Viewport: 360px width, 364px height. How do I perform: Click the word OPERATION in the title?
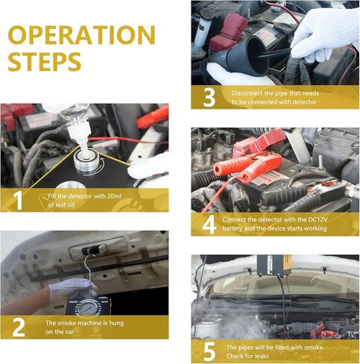(x=82, y=35)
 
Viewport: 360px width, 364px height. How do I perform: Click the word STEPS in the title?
(x=45, y=62)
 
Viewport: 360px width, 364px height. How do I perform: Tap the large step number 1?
(x=18, y=200)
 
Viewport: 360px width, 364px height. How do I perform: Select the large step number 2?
(x=19, y=327)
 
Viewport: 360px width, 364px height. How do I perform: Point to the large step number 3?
(x=209, y=98)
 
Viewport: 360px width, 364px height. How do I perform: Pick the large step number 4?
(x=209, y=225)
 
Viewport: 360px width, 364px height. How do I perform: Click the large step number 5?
(x=209, y=351)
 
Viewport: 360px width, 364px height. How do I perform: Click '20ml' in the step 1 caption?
(x=114, y=196)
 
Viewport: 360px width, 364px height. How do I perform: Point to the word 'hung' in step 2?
(x=116, y=323)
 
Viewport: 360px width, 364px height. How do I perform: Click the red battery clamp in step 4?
(x=247, y=162)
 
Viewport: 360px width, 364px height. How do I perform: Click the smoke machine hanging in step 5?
(x=274, y=266)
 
